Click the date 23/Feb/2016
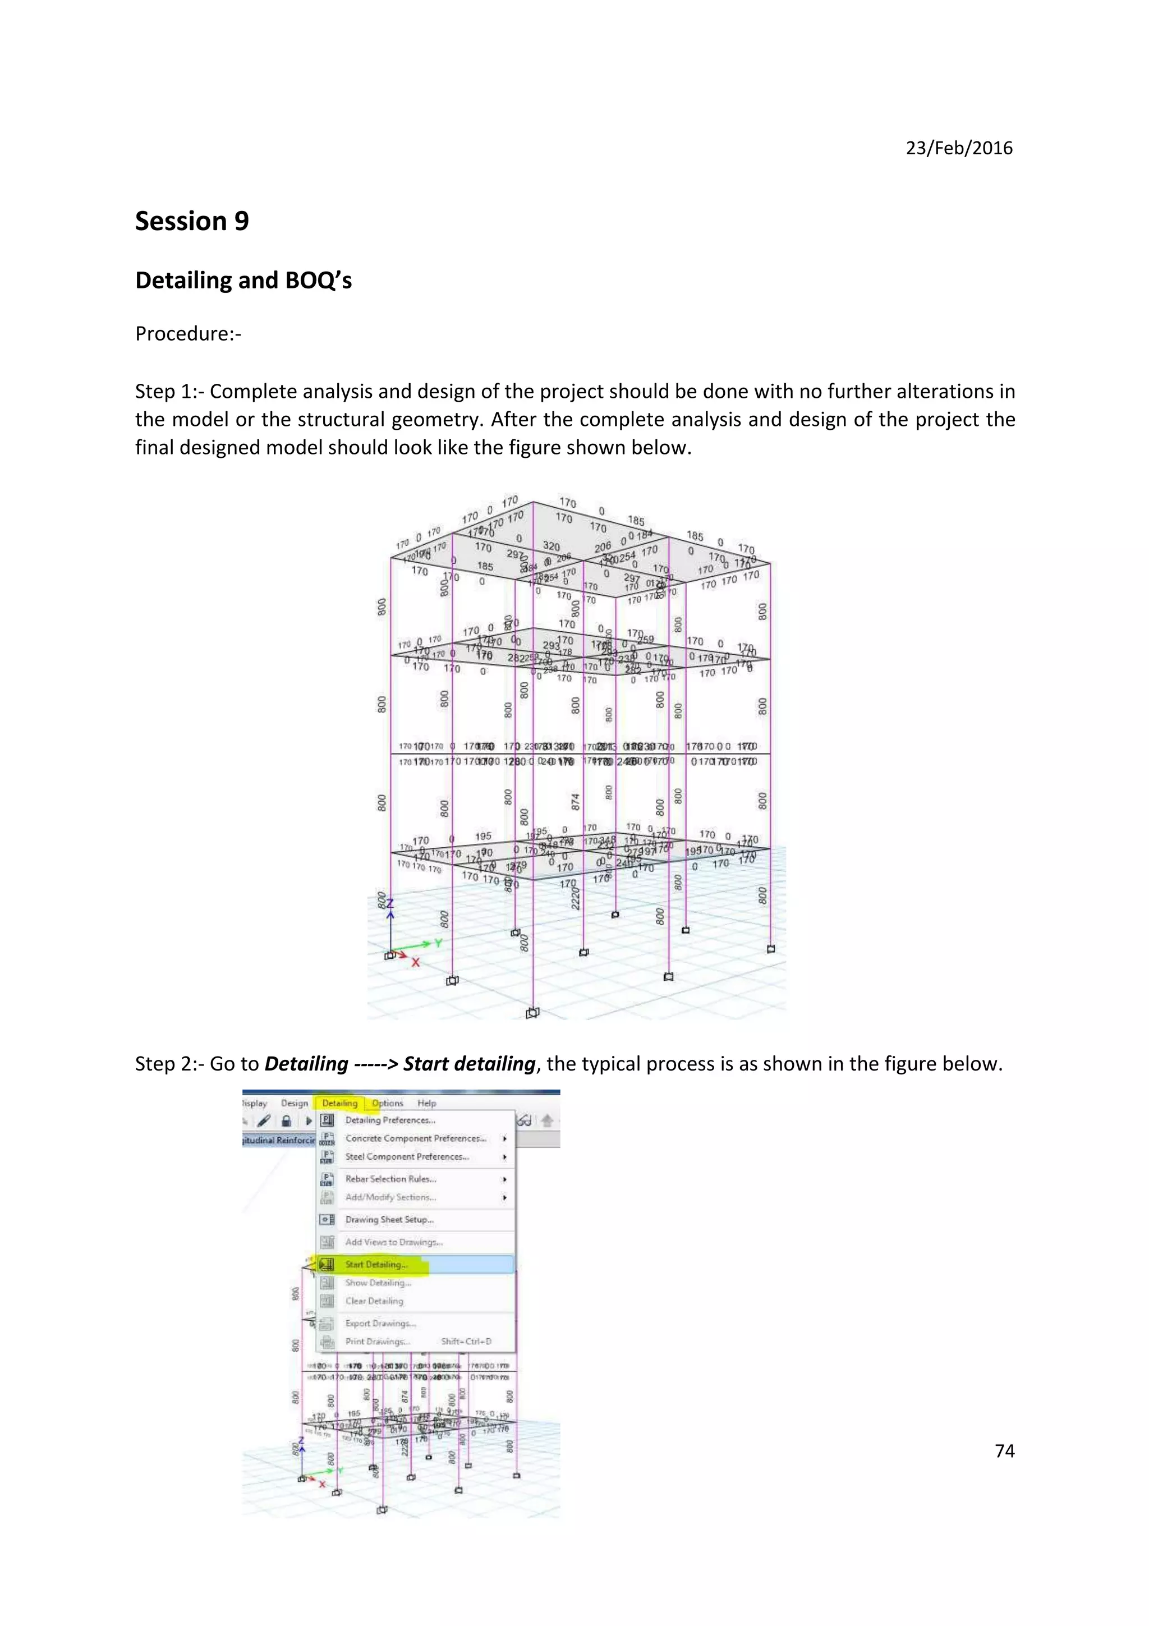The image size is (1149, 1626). [x=959, y=148]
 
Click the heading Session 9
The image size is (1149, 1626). [x=192, y=221]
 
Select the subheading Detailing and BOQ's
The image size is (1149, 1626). [x=243, y=281]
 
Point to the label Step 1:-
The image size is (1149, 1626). [x=169, y=392]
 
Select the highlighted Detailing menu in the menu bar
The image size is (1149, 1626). [x=340, y=1103]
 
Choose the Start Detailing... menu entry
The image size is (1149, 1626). [x=376, y=1264]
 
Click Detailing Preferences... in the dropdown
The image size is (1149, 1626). [x=390, y=1120]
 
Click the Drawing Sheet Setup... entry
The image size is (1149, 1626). [x=389, y=1220]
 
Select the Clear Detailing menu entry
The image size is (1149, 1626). [x=374, y=1301]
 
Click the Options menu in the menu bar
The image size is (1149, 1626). [x=387, y=1103]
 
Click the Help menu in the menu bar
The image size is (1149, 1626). [x=426, y=1103]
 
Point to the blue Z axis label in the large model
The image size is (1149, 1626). [x=389, y=904]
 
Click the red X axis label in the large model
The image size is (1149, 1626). [x=416, y=962]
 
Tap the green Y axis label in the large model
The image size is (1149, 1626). [x=438, y=943]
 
